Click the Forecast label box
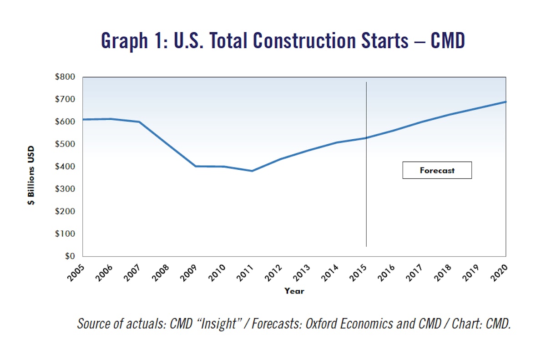pos(437,170)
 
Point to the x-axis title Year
pos(294,291)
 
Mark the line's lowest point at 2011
pos(252,171)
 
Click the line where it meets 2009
pos(196,166)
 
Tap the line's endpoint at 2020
pos(506,102)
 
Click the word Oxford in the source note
pos(323,324)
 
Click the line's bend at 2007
pos(139,122)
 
